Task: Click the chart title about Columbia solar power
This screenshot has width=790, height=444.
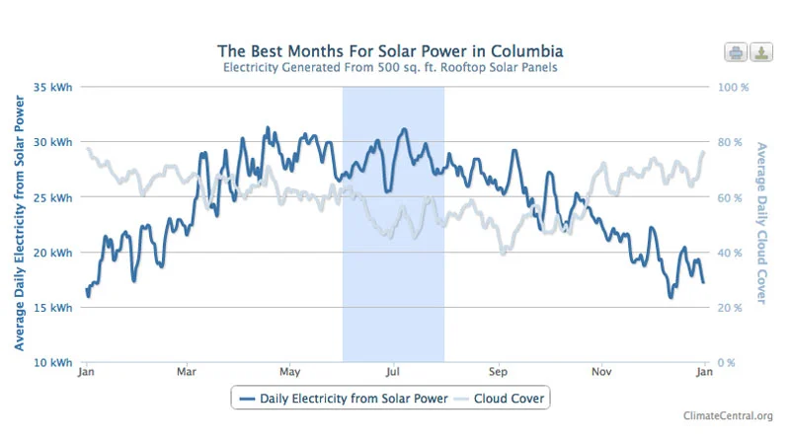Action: pos(391,50)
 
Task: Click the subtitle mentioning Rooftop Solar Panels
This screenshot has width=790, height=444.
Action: pos(391,69)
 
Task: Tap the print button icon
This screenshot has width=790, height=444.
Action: pos(736,52)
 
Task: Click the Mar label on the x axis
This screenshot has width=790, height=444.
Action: pos(187,373)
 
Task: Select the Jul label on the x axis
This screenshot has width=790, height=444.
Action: pos(393,373)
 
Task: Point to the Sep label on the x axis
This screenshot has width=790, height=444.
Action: pos(498,373)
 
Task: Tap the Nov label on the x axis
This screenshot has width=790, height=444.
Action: pos(601,373)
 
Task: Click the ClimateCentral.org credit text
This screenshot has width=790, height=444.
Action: pos(728,415)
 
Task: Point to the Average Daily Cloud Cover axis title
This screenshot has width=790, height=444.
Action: pos(760,224)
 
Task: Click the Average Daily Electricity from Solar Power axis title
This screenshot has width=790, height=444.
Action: pos(19,224)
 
